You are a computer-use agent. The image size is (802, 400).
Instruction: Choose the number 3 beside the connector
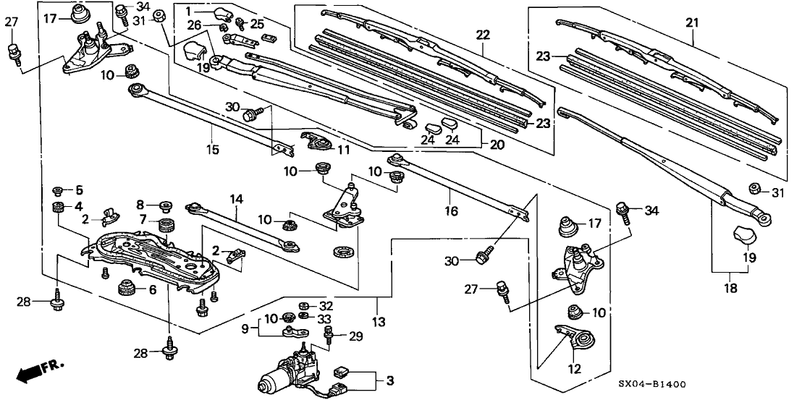(391, 380)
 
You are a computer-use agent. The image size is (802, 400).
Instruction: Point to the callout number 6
(153, 289)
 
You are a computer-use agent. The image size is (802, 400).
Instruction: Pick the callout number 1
(187, 11)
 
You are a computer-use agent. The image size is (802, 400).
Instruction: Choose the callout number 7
(143, 219)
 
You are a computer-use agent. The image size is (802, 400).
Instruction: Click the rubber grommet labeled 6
(128, 289)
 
